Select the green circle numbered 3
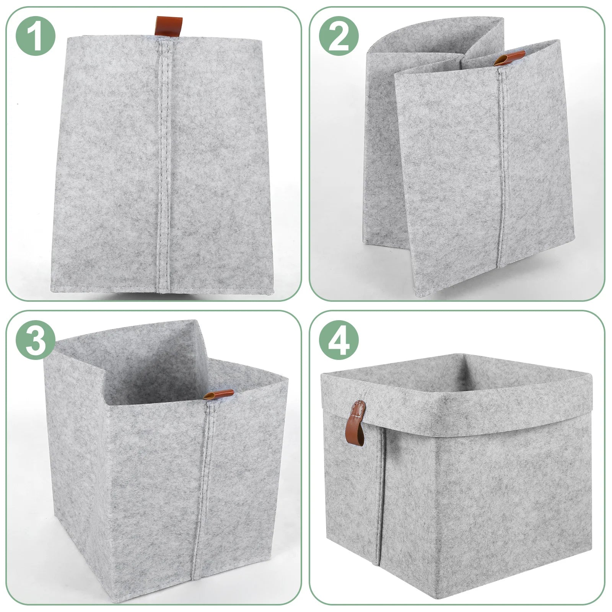[36, 340]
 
